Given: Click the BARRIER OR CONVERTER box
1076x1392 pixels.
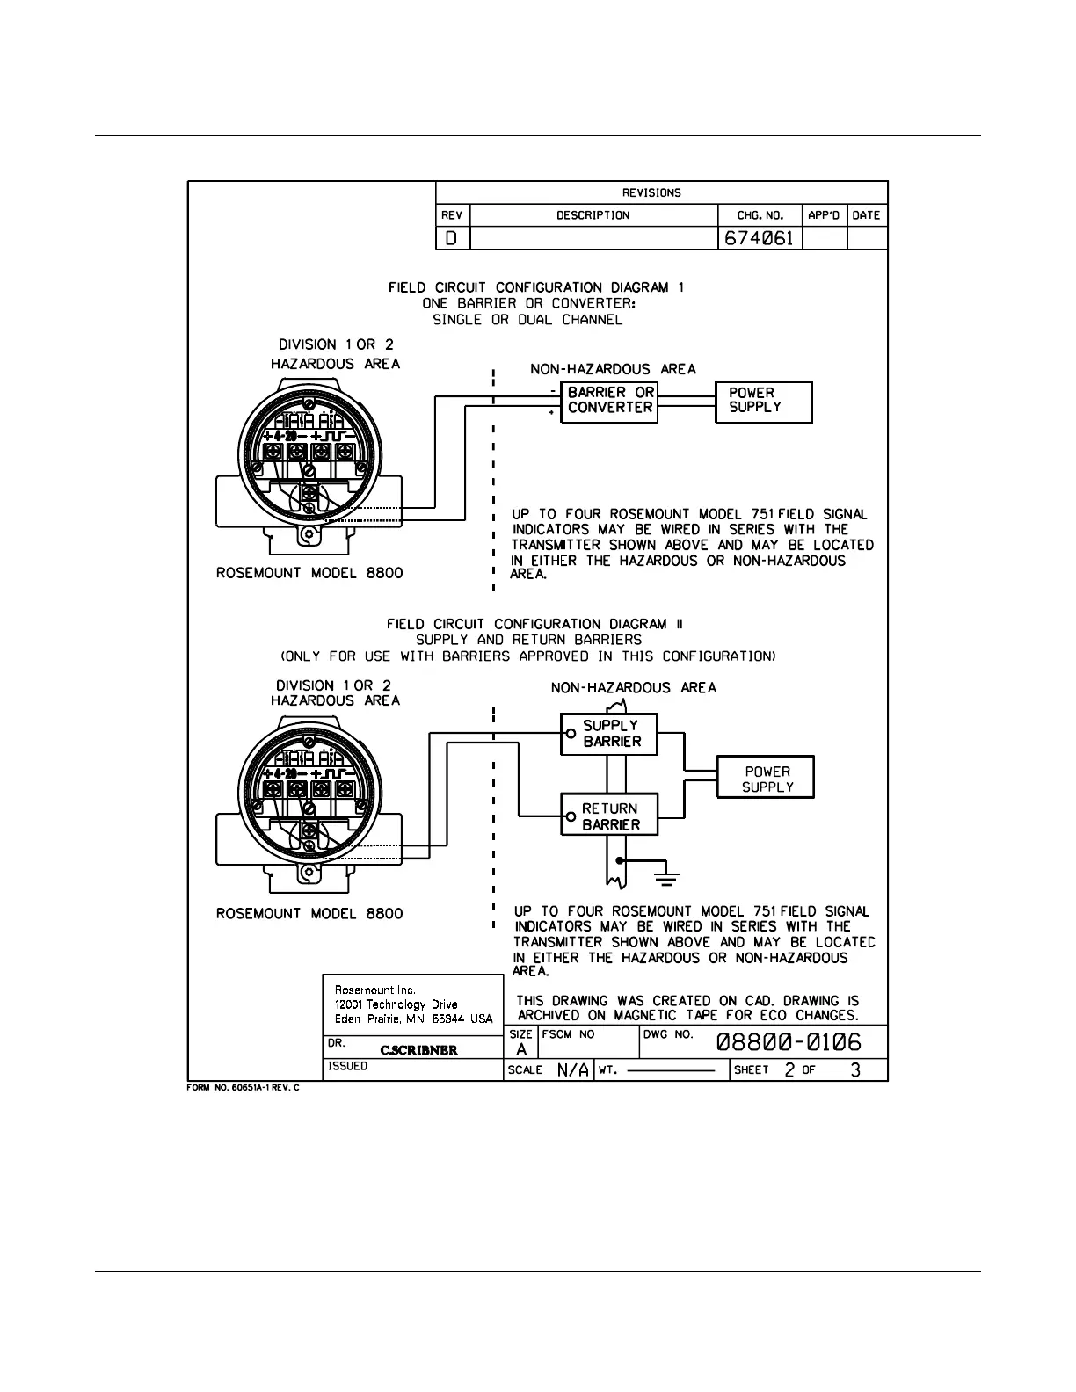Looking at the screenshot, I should [x=609, y=401].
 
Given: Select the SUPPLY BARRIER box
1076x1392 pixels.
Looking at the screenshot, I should [x=609, y=734].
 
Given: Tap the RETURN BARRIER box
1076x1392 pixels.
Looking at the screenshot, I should [x=609, y=816].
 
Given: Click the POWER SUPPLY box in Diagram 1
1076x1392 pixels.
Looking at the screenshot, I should [x=763, y=401].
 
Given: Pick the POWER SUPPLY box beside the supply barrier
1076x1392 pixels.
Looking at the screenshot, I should [x=766, y=779].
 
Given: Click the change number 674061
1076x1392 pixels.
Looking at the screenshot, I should [x=759, y=238].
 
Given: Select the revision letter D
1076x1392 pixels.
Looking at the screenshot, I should [x=452, y=238].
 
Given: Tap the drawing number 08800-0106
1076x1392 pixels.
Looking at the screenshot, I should [x=789, y=1043].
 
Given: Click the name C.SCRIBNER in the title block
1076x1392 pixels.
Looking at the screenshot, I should [x=418, y=1050].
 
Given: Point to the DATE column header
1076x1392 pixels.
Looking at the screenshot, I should [x=866, y=215].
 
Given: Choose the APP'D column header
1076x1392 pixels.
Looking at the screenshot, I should [x=824, y=215].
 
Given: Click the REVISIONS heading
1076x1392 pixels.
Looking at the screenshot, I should [x=651, y=193].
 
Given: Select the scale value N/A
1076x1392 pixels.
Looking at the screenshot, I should [x=572, y=1070].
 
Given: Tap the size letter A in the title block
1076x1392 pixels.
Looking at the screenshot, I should [x=521, y=1049].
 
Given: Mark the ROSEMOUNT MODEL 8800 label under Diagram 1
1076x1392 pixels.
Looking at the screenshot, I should [x=309, y=573].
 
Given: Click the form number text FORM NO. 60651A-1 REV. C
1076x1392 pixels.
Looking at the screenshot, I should [x=244, y=1089].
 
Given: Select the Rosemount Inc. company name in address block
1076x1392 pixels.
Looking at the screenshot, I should [x=375, y=990].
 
